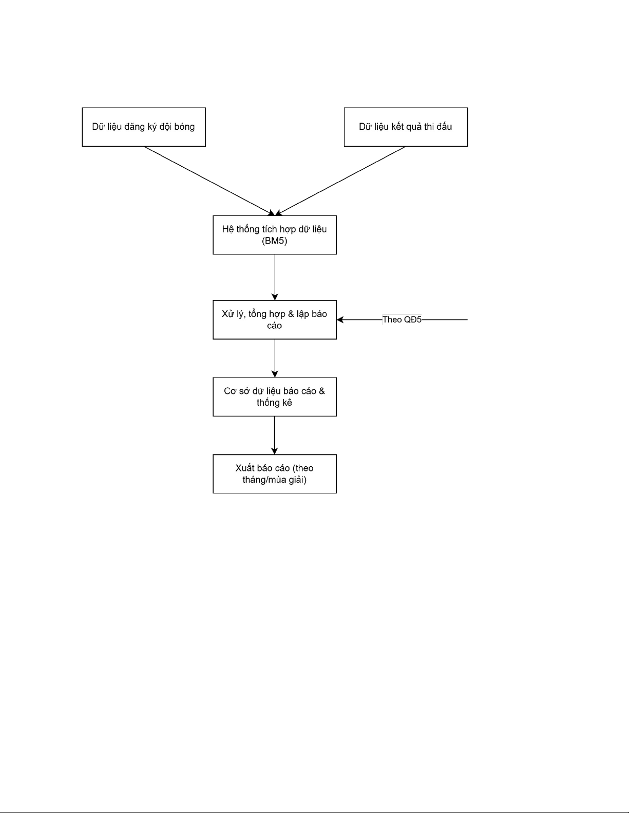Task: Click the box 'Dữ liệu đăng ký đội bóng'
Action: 144,127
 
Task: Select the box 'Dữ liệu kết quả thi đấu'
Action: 406,127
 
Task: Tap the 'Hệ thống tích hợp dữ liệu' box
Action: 275,235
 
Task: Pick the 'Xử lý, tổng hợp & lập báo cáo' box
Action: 275,320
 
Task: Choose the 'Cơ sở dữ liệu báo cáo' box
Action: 275,397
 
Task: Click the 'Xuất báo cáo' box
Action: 275,474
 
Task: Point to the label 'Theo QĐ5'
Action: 402,320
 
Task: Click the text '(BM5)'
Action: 274,241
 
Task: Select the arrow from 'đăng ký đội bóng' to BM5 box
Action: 209,181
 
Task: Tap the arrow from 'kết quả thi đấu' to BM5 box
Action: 340,181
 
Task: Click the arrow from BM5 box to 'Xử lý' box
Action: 275,277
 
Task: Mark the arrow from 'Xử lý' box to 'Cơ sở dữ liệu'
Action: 275,359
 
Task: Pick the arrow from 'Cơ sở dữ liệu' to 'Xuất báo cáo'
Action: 274,435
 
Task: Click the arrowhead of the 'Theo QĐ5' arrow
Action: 340,320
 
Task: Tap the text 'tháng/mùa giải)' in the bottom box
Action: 274,480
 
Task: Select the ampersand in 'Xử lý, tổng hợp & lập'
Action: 291,314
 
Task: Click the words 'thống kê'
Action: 274,403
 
